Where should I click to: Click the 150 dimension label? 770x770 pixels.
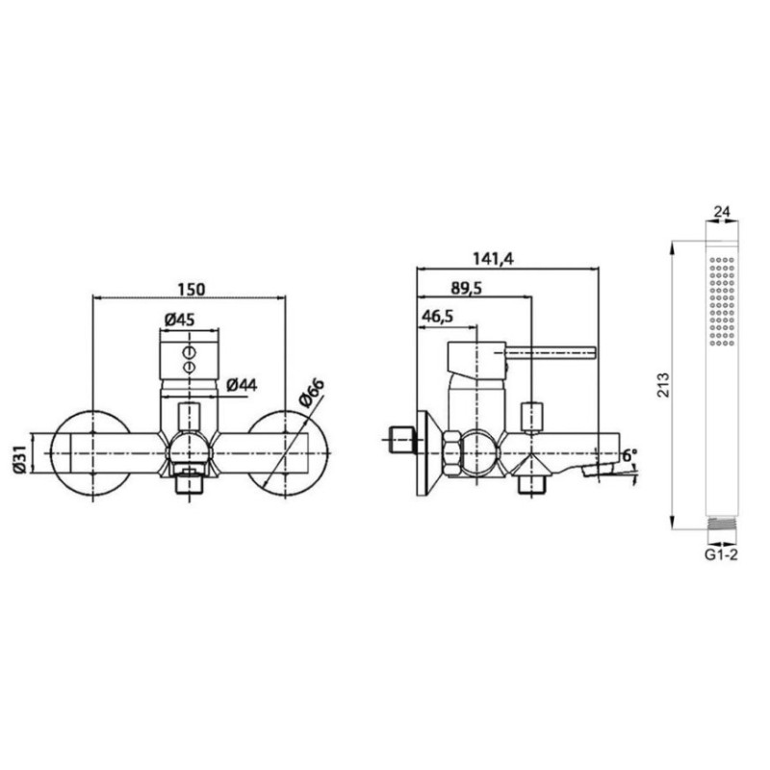191,290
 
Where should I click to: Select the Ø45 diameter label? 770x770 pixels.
180,320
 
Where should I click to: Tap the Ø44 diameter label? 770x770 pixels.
243,386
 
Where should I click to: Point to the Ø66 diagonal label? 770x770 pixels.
311,393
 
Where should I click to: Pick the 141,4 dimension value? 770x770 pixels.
493,258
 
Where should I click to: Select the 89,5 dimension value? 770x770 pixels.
466,288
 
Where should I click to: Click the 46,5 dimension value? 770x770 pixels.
437,317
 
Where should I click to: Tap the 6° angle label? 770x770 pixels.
629,455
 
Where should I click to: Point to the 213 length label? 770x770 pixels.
663,386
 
